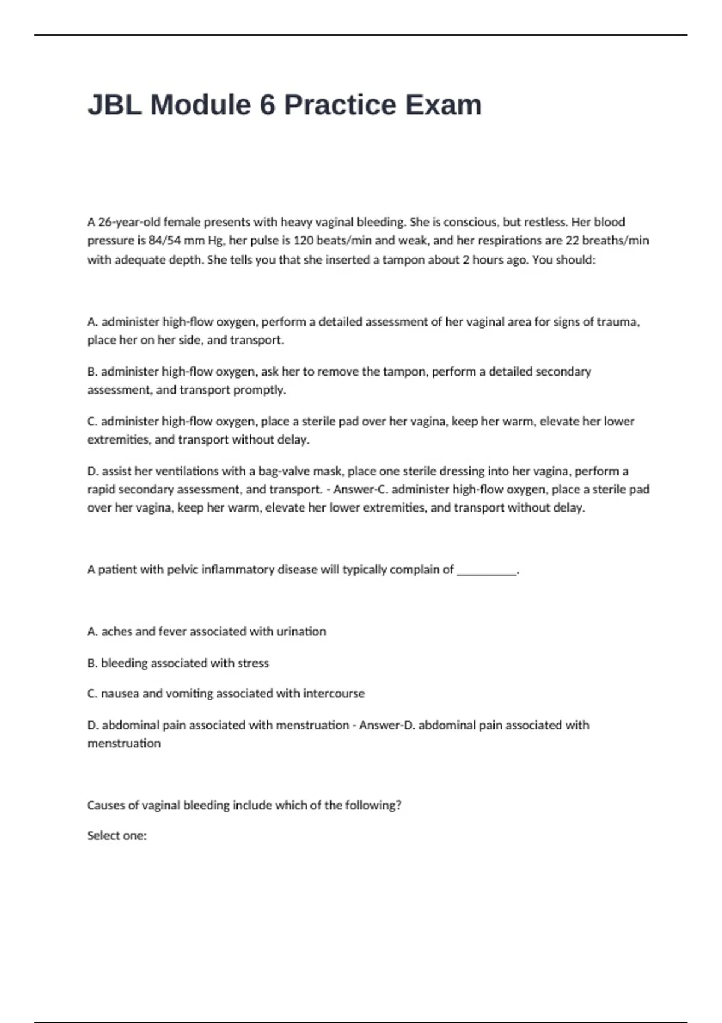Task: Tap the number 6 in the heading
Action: point(267,105)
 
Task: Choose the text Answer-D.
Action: point(387,725)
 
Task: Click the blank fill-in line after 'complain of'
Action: point(487,570)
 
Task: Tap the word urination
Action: point(301,632)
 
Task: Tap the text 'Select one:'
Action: point(117,836)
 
